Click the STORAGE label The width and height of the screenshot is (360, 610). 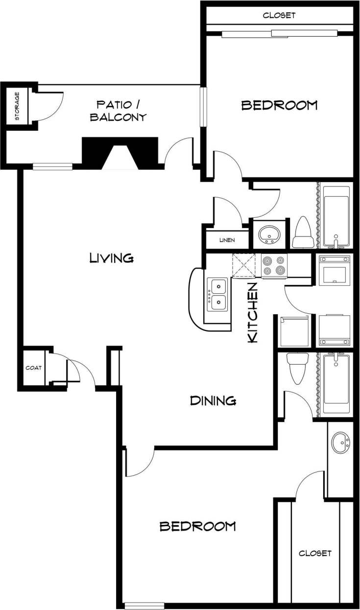17,106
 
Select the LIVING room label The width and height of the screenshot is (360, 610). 112,258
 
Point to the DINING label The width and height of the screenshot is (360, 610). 213,401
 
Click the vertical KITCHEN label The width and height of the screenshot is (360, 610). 253,312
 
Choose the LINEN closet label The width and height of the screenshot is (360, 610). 227,240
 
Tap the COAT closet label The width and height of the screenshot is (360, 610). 34,368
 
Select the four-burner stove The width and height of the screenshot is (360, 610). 274,265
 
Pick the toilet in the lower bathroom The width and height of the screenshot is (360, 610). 297,369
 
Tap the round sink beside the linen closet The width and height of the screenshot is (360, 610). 268,234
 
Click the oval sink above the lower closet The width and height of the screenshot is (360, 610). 340,443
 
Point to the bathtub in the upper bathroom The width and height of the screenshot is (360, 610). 336,216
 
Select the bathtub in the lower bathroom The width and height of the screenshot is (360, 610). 336,385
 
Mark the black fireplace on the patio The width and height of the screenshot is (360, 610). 120,152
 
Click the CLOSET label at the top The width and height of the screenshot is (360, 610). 279,15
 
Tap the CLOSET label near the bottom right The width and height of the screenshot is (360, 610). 315,553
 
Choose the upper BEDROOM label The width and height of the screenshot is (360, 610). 280,105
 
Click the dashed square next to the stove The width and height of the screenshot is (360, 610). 244,265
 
